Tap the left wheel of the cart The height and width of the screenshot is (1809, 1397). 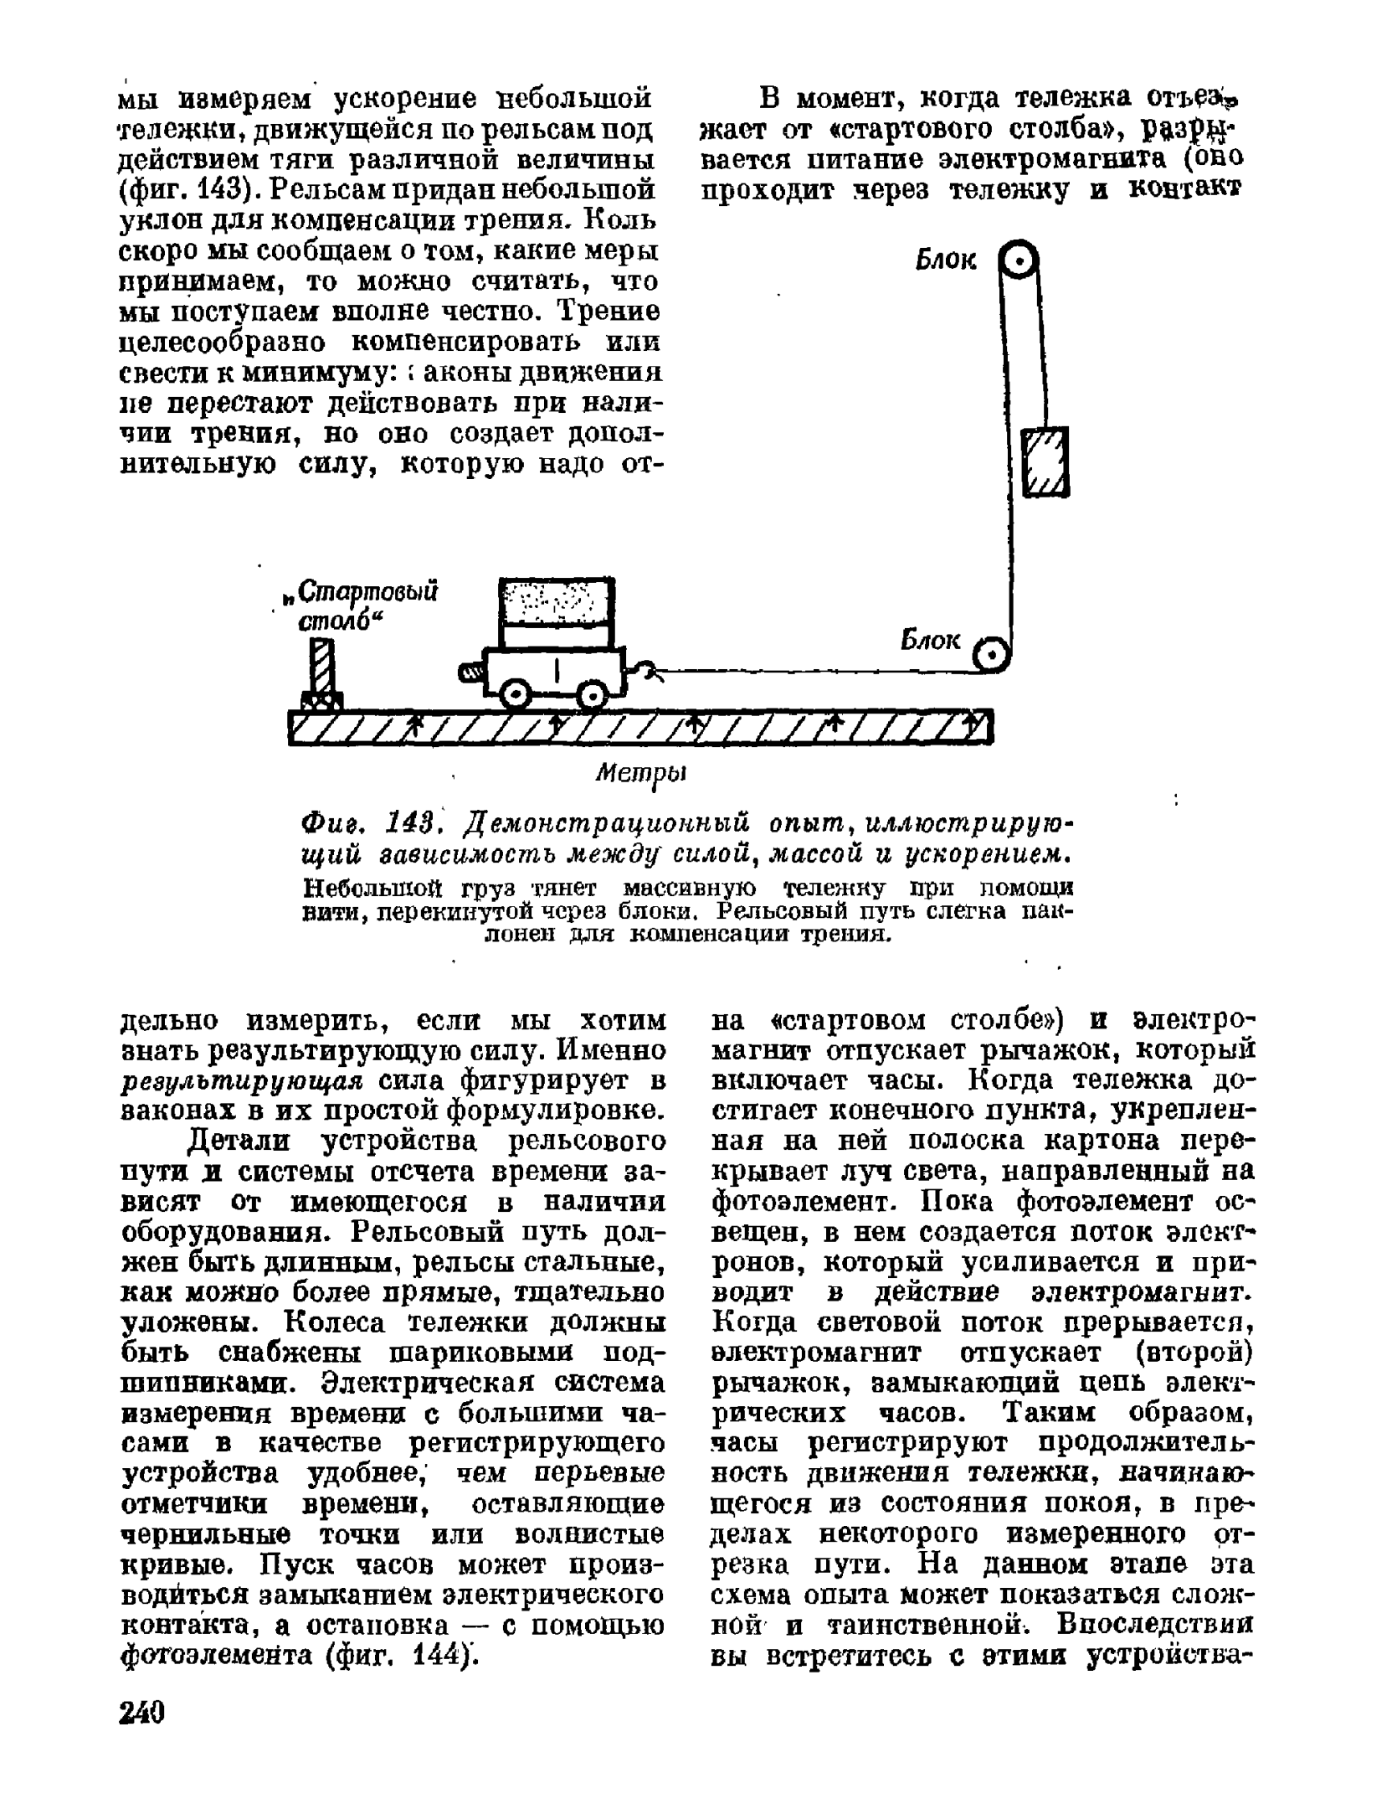pos(514,693)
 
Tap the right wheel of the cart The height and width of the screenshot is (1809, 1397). pos(593,693)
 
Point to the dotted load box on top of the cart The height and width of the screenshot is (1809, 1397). pos(556,601)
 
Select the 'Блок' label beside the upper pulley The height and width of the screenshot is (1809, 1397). pos(946,261)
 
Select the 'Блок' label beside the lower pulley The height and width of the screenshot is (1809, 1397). pos(930,641)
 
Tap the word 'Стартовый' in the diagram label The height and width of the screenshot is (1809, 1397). pos(367,592)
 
